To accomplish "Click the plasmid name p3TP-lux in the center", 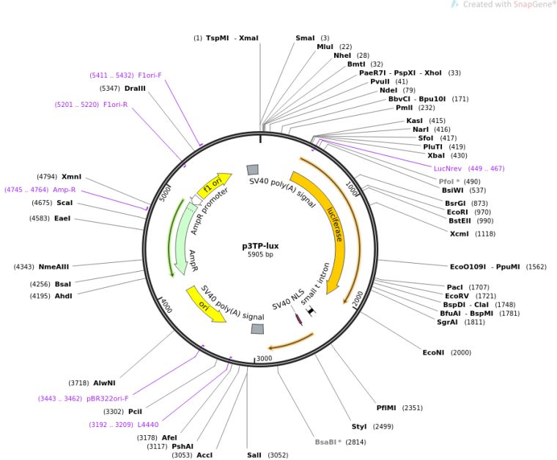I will click(x=260, y=246).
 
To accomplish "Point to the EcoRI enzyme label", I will click(x=458, y=212).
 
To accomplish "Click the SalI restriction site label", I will click(x=254, y=455).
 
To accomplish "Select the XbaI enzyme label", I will click(x=436, y=155).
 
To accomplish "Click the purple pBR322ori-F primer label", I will click(x=108, y=398).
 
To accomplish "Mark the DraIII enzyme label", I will click(x=135, y=88).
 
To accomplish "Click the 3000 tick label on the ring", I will click(x=264, y=358).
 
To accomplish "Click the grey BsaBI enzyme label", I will click(x=330, y=442).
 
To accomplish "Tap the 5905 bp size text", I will click(x=260, y=255).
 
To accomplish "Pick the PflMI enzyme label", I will click(x=389, y=408).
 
